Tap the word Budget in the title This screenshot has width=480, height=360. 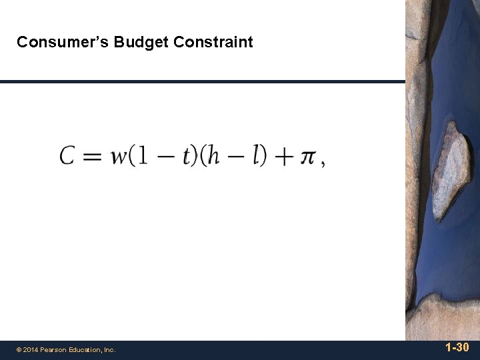[141, 43]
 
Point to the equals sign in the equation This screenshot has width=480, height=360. [93, 157]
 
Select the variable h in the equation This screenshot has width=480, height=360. [212, 155]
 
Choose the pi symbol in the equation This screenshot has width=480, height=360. [307, 157]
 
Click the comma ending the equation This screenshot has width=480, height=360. [323, 164]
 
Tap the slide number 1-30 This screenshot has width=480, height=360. [457, 347]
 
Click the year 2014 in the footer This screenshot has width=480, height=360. [31, 349]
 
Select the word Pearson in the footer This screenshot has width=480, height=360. [54, 349]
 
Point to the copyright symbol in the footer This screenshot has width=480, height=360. [19, 349]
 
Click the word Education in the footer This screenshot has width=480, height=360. [85, 349]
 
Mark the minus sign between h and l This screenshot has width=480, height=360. [234, 157]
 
